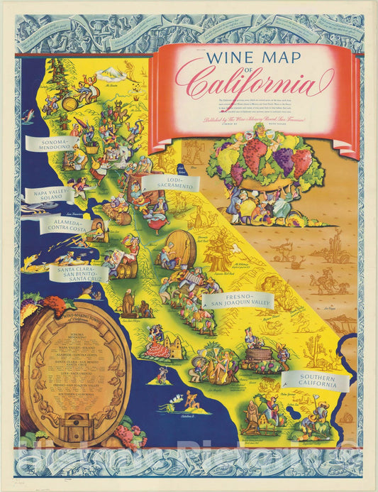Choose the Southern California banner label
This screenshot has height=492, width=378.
(316, 381)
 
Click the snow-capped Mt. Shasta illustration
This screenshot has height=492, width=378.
(111, 75)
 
